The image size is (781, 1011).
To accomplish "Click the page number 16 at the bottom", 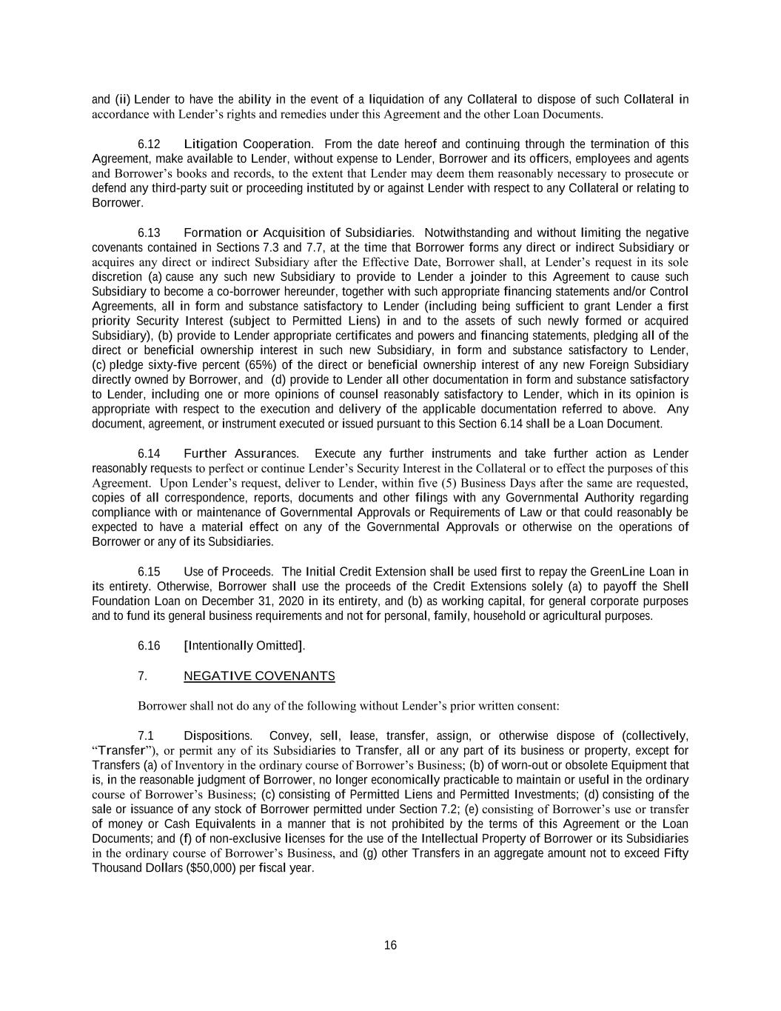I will (x=390, y=945).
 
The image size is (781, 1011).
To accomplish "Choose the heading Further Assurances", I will (x=241, y=453).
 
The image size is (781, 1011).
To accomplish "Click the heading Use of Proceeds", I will (x=228, y=572).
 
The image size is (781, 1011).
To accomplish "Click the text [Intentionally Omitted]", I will (x=244, y=646).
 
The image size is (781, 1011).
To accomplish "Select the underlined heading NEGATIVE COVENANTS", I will (x=259, y=675).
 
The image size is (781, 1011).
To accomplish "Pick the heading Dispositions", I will (x=218, y=735).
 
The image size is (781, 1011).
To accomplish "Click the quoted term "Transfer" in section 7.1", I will (x=118, y=750).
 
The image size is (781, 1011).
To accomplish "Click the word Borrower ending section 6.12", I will (x=117, y=203).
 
